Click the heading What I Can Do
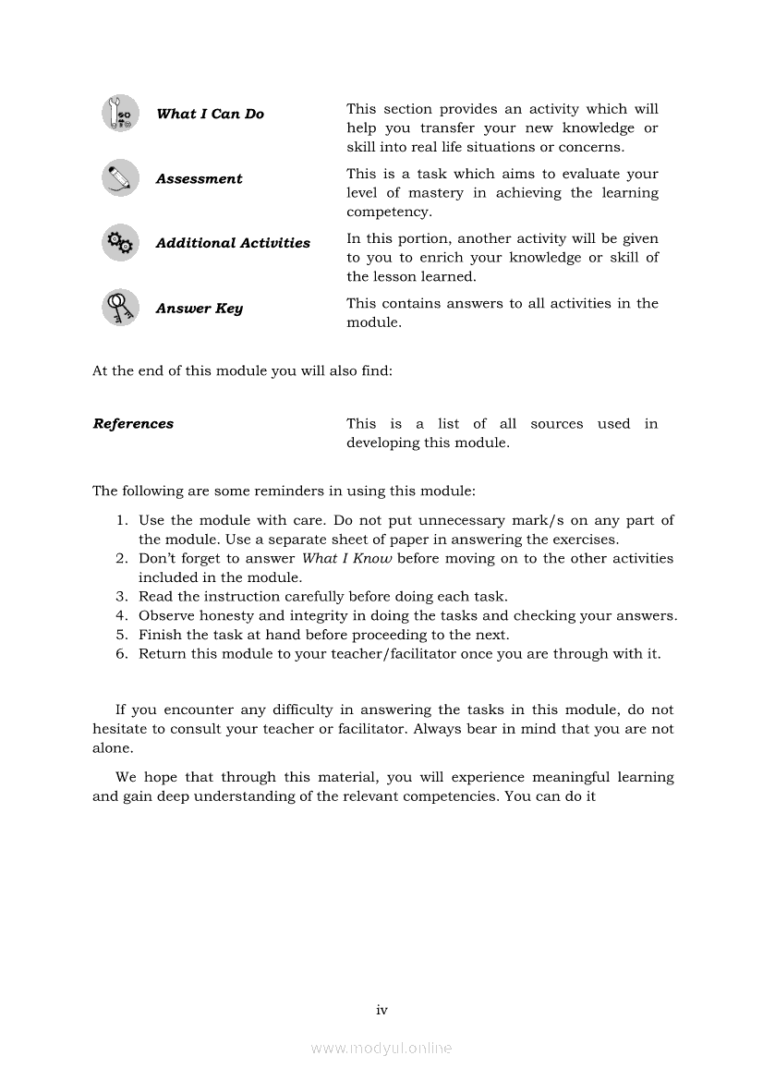point(210,114)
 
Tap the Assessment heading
point(199,179)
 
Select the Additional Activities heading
point(233,243)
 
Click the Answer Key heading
point(199,309)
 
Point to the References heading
point(133,424)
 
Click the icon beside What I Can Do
point(120,114)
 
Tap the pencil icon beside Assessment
point(120,178)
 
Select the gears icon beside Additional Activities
point(120,243)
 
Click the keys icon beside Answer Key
point(120,308)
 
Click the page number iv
point(381,1010)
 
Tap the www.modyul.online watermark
point(381,1049)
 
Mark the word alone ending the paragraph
point(113,748)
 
